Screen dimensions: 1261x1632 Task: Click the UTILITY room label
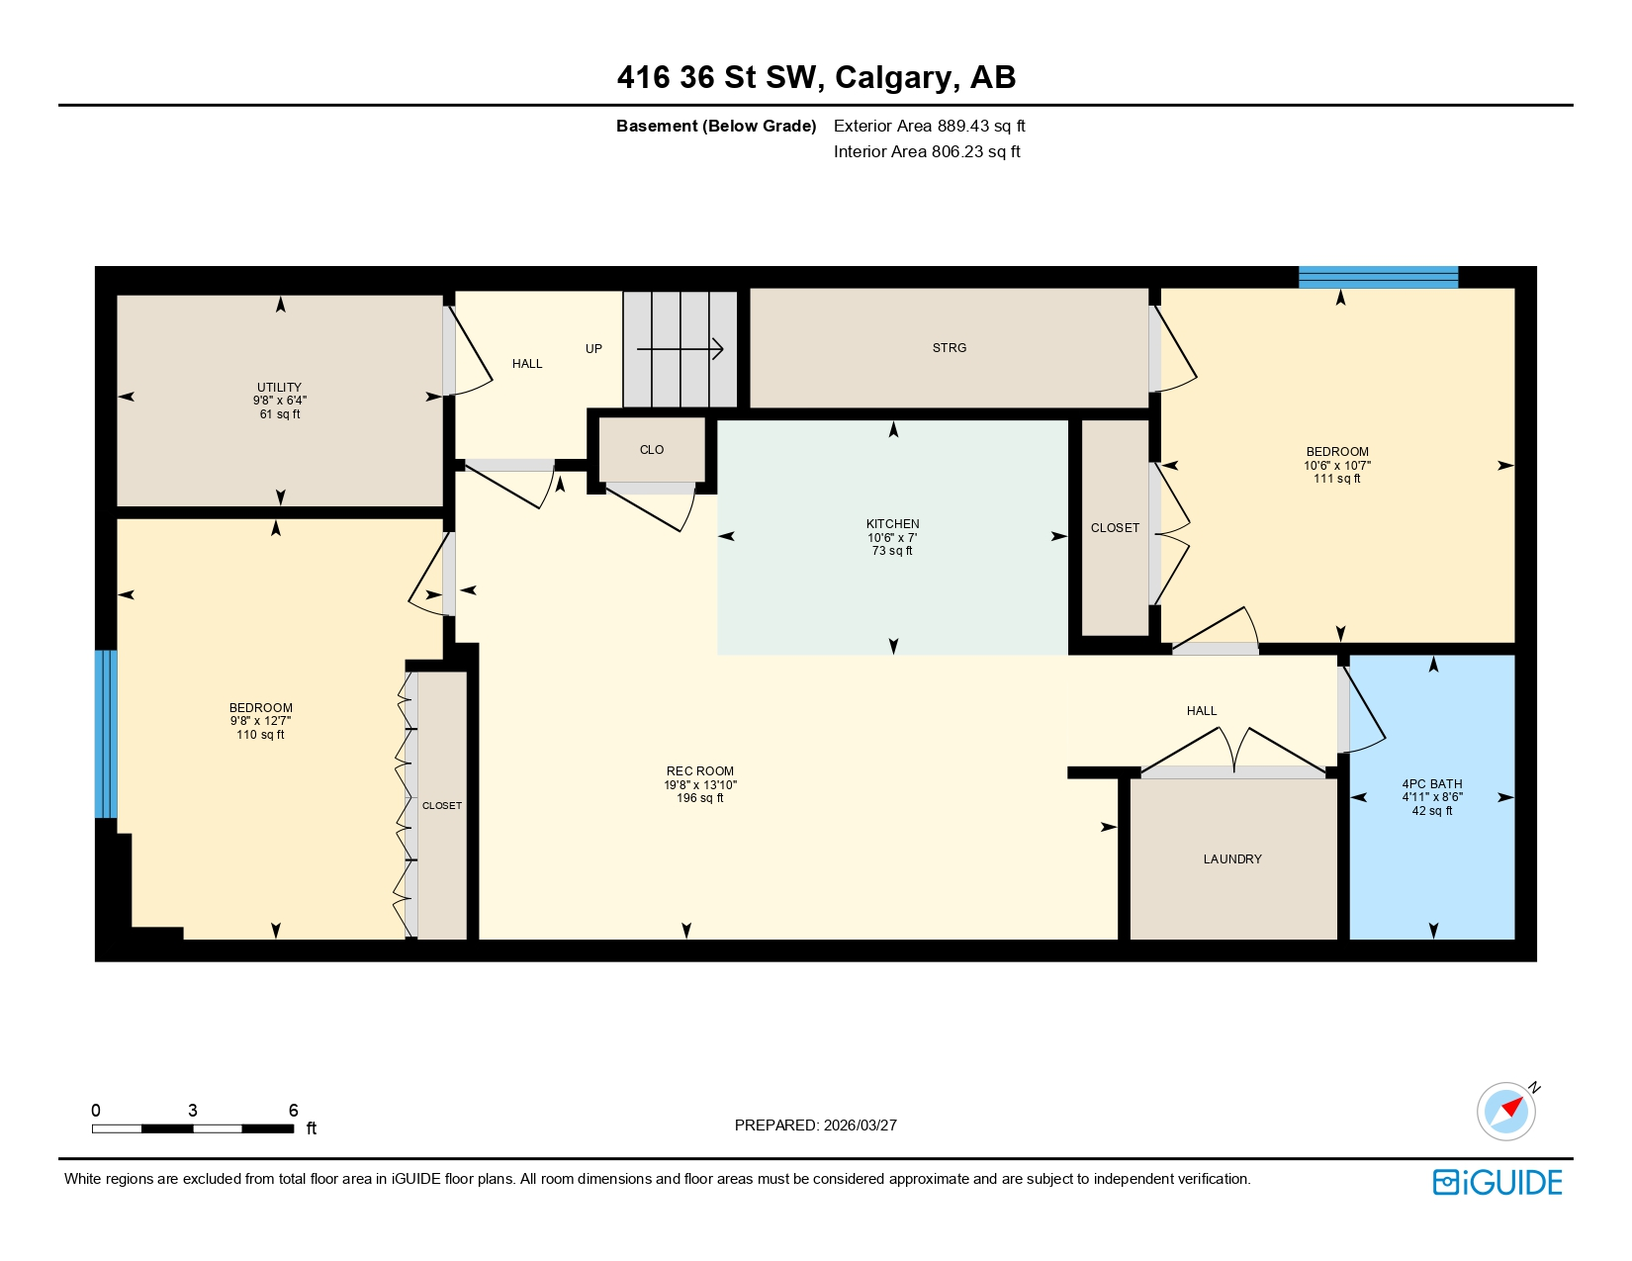279,388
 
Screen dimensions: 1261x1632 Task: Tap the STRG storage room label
949,348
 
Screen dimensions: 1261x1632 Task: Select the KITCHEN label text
892,524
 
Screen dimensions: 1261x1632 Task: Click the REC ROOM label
699,771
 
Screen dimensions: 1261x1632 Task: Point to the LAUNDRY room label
1231,859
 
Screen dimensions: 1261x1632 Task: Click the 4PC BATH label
1431,784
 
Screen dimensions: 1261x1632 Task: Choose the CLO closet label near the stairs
651,450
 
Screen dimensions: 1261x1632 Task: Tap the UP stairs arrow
680,349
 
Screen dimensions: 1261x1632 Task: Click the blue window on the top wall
1378,277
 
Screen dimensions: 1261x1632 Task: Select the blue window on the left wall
106,734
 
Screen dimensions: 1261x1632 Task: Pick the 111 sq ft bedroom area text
1336,479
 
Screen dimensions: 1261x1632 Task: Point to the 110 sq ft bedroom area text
260,735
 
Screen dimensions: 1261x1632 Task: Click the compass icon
1506,1111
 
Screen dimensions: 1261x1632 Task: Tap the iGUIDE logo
1497,1183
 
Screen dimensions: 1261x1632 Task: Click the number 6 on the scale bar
293,1111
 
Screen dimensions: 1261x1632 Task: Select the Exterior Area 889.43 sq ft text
929,127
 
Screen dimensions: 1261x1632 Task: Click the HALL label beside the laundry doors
1201,711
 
